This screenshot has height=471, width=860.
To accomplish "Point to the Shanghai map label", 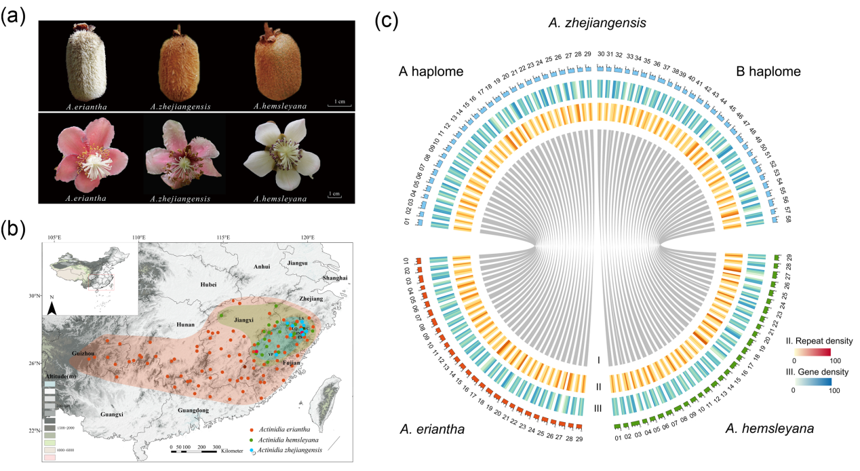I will [335, 278].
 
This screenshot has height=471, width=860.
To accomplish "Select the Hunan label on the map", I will [185, 325].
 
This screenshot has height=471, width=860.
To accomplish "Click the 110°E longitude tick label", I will [138, 238].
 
